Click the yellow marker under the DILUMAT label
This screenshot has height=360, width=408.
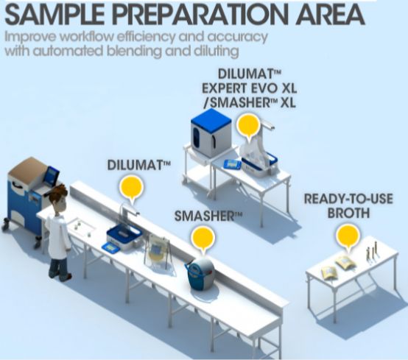pyautogui.click(x=131, y=188)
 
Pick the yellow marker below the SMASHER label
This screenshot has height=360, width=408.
pyautogui.click(x=203, y=239)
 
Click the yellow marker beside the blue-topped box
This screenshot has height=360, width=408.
pyautogui.click(x=248, y=126)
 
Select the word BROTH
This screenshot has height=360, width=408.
pyautogui.click(x=348, y=213)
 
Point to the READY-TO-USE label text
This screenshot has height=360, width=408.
pyautogui.click(x=348, y=199)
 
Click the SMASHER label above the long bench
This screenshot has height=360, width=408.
pyautogui.click(x=208, y=216)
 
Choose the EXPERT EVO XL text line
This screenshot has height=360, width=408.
pyautogui.click(x=249, y=88)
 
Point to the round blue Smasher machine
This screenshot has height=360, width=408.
pyautogui.click(x=200, y=274)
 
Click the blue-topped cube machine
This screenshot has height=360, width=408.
pyautogui.click(x=211, y=133)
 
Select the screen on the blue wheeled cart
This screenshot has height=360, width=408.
pyautogui.click(x=52, y=174)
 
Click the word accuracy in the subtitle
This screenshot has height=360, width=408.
pyautogui.click(x=238, y=38)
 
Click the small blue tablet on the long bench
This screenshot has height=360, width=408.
pyautogui.click(x=110, y=247)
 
